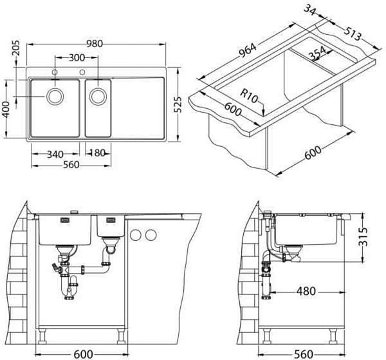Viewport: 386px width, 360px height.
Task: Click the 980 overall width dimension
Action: pyautogui.click(x=95, y=44)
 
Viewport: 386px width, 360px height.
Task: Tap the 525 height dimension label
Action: pyautogui.click(x=178, y=104)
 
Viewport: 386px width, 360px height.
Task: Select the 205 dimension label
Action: pyautogui.click(x=15, y=48)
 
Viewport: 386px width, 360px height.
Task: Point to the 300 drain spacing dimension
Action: pyautogui.click(x=77, y=58)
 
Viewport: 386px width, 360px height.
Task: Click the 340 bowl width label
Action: pyautogui.click(x=55, y=155)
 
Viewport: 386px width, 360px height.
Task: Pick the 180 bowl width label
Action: pyautogui.click(x=98, y=153)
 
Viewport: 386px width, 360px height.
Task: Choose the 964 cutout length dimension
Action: pyautogui.click(x=247, y=50)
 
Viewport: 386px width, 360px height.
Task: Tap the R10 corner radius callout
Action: pyautogui.click(x=248, y=96)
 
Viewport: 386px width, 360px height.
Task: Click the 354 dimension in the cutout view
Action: pyautogui.click(x=317, y=53)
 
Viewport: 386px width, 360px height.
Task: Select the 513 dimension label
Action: pyautogui.click(x=353, y=33)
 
